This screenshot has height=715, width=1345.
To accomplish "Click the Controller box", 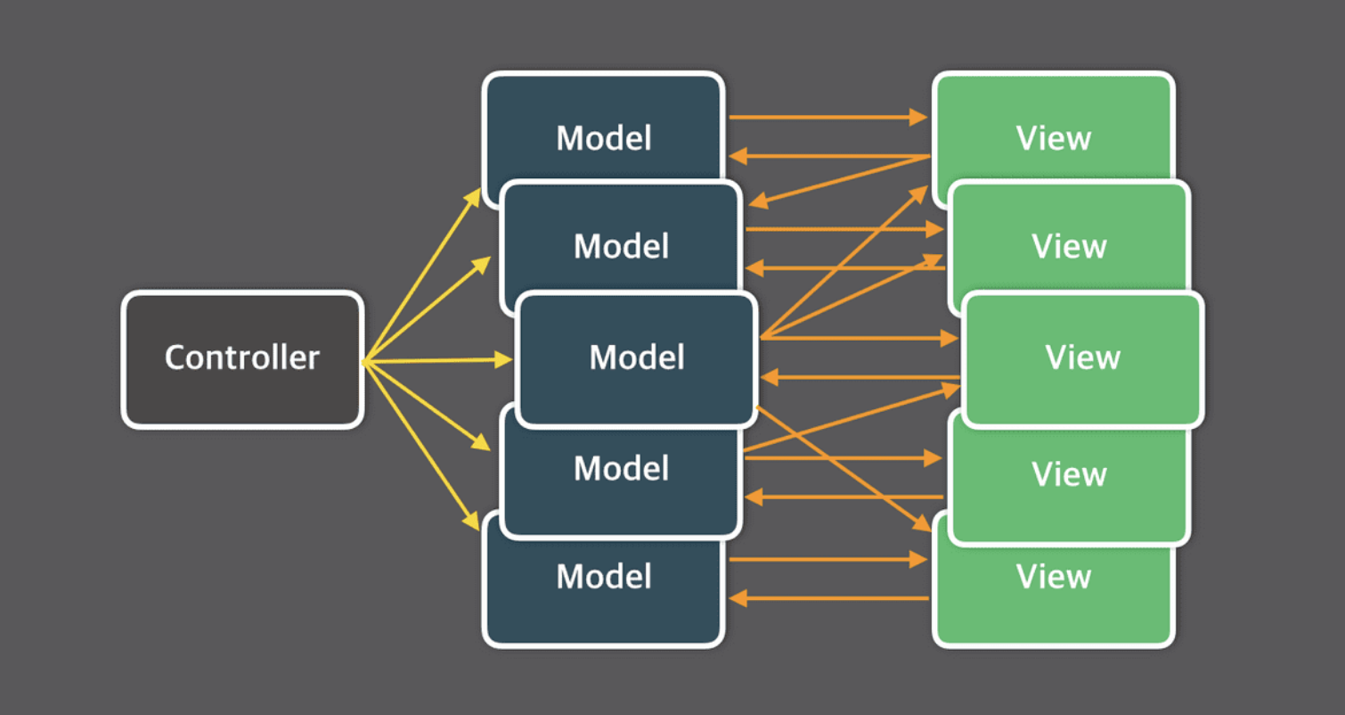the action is pyautogui.click(x=242, y=359).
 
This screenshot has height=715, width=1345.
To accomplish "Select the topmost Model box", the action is pyautogui.click(x=603, y=127).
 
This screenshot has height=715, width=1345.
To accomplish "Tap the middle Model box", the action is pyautogui.click(x=637, y=359).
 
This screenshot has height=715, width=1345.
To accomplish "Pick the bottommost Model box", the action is pyautogui.click(x=603, y=592).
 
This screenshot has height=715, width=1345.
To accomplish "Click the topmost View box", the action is pyautogui.click(x=1053, y=127).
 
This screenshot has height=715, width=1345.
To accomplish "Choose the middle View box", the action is pyautogui.click(x=1083, y=359).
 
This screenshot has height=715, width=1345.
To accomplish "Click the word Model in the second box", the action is pyautogui.click(x=621, y=246).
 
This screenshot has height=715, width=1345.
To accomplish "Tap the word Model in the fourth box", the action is pyautogui.click(x=621, y=469).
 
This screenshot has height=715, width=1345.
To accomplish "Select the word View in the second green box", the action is pyautogui.click(x=1069, y=246).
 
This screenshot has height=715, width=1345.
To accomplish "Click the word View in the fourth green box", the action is pyautogui.click(x=1069, y=474).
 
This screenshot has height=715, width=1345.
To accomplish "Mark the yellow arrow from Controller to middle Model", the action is pyautogui.click(x=437, y=361).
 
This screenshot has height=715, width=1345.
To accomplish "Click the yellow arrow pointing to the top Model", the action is pyautogui.click(x=422, y=275).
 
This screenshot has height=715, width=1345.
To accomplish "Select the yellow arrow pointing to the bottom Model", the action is pyautogui.click(x=421, y=446).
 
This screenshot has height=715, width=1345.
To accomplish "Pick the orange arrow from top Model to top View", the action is pyautogui.click(x=828, y=117).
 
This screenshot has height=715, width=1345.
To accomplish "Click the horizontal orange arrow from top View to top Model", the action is pyautogui.click(x=829, y=156).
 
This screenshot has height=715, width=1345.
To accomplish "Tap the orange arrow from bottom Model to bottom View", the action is pyautogui.click(x=828, y=559).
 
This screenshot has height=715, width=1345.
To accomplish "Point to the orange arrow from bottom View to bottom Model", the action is pyautogui.click(x=829, y=598).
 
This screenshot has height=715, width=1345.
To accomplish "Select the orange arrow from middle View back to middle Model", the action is pyautogui.click(x=860, y=377).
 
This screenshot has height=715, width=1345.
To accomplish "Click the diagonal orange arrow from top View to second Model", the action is pyautogui.click(x=839, y=180).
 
